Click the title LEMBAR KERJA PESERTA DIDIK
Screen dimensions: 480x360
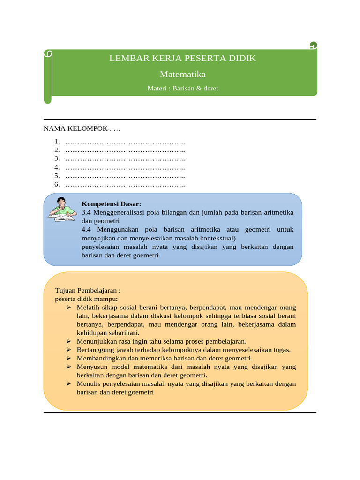coord(183,59)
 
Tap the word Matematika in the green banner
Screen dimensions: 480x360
coord(183,74)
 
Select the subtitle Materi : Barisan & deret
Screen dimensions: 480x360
coord(182,88)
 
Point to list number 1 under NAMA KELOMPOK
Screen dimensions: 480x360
coord(57,142)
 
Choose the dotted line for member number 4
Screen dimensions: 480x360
coord(125,167)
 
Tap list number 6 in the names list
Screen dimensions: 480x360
coord(57,185)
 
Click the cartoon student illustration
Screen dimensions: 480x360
coord(62,210)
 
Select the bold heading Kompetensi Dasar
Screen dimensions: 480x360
coord(112,204)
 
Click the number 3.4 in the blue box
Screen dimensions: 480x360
coord(87,212)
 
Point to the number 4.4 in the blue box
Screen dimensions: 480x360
coord(87,230)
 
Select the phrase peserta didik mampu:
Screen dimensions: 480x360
coord(87,299)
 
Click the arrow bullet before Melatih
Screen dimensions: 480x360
coord(68,307)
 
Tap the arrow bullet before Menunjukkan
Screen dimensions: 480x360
coord(68,341)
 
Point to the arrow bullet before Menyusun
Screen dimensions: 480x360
coord(68,367)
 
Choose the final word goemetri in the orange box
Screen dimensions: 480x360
coord(140,392)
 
